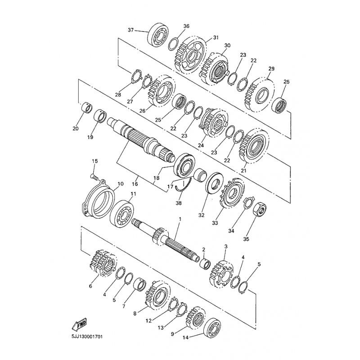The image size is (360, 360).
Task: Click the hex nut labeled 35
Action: [x=260, y=209]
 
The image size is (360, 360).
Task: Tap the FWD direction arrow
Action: [x=79, y=324]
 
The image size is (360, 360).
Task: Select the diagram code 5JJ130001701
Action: [x=87, y=337]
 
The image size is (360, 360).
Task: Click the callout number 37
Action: [x=130, y=30]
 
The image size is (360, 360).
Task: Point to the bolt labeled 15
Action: [x=94, y=176]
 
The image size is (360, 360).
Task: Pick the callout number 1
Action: [x=180, y=219]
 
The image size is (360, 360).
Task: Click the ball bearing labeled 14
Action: [x=212, y=329]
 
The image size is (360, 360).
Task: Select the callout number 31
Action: [x=216, y=37]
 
